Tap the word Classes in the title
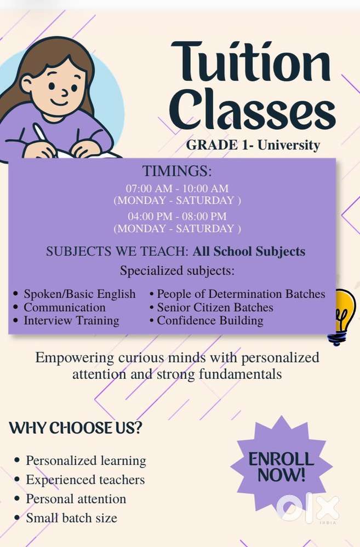pos(253,108)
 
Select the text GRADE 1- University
pos(253,145)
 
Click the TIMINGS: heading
pos(177,171)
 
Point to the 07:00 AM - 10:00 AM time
pos(177,188)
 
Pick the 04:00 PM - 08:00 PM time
pos(177,216)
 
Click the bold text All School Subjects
pos(249,251)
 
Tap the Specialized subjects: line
pos(177,270)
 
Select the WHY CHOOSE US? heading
pos(76,428)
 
